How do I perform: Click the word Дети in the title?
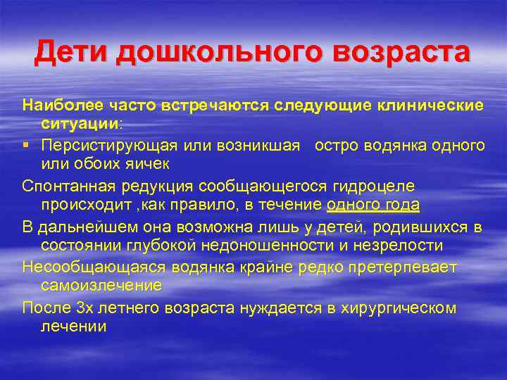click(x=73, y=53)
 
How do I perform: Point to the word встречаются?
click(x=206, y=106)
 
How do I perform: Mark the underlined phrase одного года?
click(x=373, y=205)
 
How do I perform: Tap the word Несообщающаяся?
click(x=83, y=267)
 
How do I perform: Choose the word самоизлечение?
click(x=101, y=287)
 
